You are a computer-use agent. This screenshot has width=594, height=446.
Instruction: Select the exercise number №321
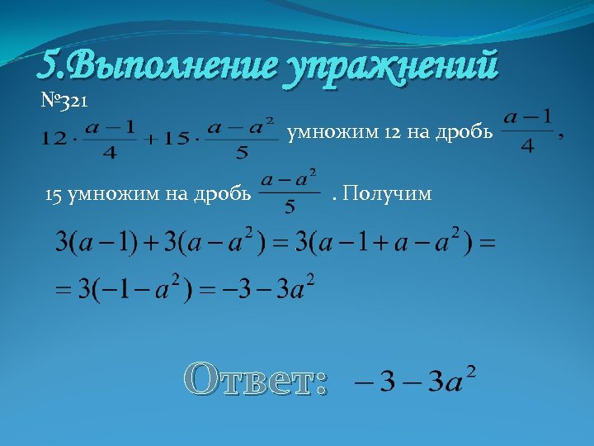69,102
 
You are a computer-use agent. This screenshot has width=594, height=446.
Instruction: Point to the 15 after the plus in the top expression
173,140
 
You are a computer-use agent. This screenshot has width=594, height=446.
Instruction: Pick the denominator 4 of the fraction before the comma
528,146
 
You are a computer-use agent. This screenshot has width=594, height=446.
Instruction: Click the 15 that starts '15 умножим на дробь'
54,195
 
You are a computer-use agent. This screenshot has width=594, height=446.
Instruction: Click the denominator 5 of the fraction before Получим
290,207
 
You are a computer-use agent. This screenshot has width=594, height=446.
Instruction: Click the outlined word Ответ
257,379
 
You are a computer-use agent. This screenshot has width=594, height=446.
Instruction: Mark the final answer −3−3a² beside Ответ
413,382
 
